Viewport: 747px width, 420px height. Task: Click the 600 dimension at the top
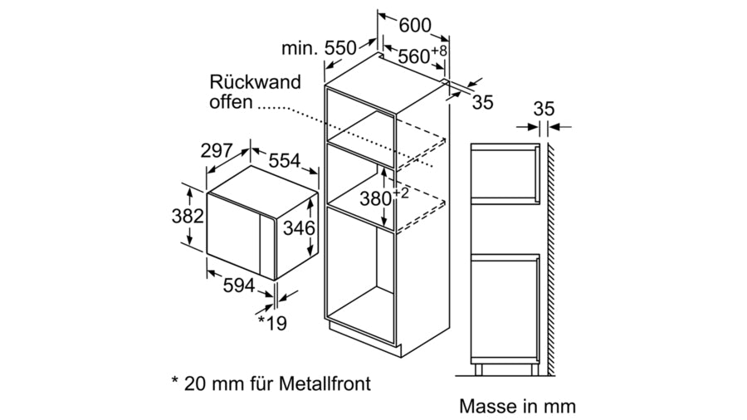pos(415,26)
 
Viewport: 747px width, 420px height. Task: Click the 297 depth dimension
pos(217,150)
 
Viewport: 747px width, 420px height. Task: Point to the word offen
pos(229,103)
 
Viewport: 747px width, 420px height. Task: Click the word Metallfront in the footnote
pos(322,383)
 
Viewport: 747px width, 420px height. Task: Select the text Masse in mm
pos(516,407)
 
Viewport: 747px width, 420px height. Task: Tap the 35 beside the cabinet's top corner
pos(483,102)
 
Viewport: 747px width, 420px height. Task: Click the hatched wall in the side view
pos(549,249)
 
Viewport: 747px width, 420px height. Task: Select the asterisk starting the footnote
pos(175,383)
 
